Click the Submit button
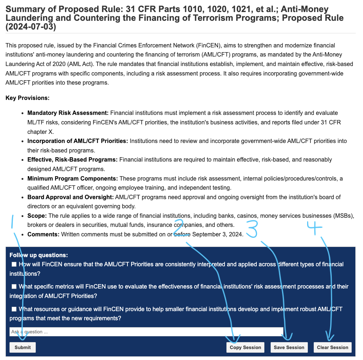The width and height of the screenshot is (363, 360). click(23, 347)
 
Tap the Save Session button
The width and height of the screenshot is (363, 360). click(289, 347)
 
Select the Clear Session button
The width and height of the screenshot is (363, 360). click(332, 347)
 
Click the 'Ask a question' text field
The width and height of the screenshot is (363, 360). click(146, 332)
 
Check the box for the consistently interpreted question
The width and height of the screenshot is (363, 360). click(14, 264)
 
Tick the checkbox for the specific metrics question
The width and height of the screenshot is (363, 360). click(14, 287)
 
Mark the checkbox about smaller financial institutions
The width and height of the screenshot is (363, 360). click(14, 309)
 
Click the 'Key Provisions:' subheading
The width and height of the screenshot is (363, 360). click(27, 98)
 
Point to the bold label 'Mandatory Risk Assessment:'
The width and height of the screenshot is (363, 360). click(68, 113)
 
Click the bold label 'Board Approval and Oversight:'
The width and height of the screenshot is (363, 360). click(70, 197)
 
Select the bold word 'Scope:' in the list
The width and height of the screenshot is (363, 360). click(37, 216)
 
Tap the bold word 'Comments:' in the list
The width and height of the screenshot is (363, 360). click(43, 234)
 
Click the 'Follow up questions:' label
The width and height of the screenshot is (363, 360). click(38, 255)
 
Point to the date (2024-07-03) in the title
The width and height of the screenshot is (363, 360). click(31, 27)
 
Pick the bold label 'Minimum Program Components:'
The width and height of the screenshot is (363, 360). click(73, 178)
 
